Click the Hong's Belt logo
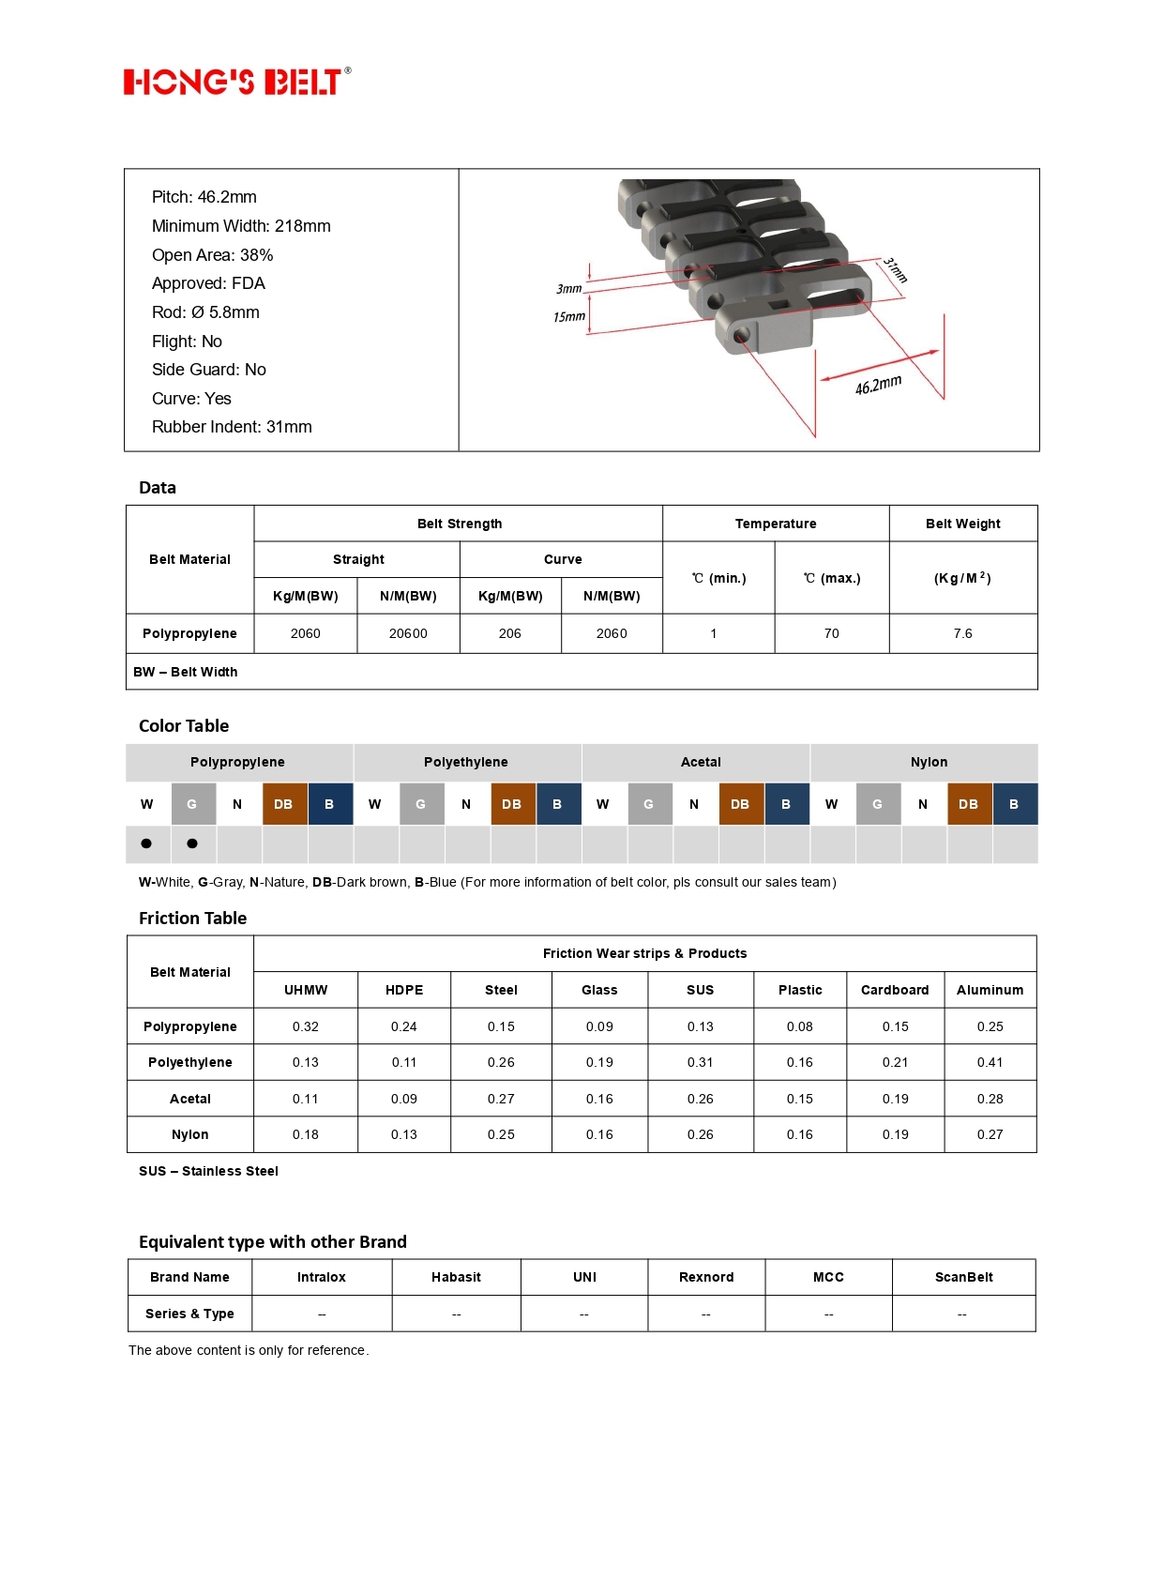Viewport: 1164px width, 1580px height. [x=236, y=82]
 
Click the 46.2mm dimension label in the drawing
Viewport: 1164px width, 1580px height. [x=878, y=385]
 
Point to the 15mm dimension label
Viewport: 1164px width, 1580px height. [x=568, y=317]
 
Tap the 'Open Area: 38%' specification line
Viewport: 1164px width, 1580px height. [x=212, y=255]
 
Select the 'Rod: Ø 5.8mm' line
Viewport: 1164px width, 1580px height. [x=205, y=312]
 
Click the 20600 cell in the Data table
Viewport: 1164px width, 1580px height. [x=408, y=633]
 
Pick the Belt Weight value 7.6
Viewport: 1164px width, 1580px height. [x=962, y=633]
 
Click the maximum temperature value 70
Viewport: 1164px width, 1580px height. [x=831, y=633]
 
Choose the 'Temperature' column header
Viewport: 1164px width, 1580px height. [x=776, y=524]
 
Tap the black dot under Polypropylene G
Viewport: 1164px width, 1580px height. [x=192, y=843]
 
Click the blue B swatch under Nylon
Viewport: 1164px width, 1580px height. [x=1014, y=804]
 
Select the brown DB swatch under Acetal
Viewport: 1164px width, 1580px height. [x=740, y=804]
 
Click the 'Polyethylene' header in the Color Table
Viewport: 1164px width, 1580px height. [x=466, y=762]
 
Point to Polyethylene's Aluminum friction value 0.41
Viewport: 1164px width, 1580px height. [x=990, y=1062]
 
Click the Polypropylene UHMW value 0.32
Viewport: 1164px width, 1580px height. [x=306, y=1026]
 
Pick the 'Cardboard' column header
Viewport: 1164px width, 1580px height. [x=895, y=990]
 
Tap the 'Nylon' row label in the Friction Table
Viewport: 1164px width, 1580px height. [x=190, y=1134]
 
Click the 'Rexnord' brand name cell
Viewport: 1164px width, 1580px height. [x=706, y=1277]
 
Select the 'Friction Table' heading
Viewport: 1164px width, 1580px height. [x=192, y=919]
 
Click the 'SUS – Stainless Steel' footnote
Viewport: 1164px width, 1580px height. [x=208, y=1171]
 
